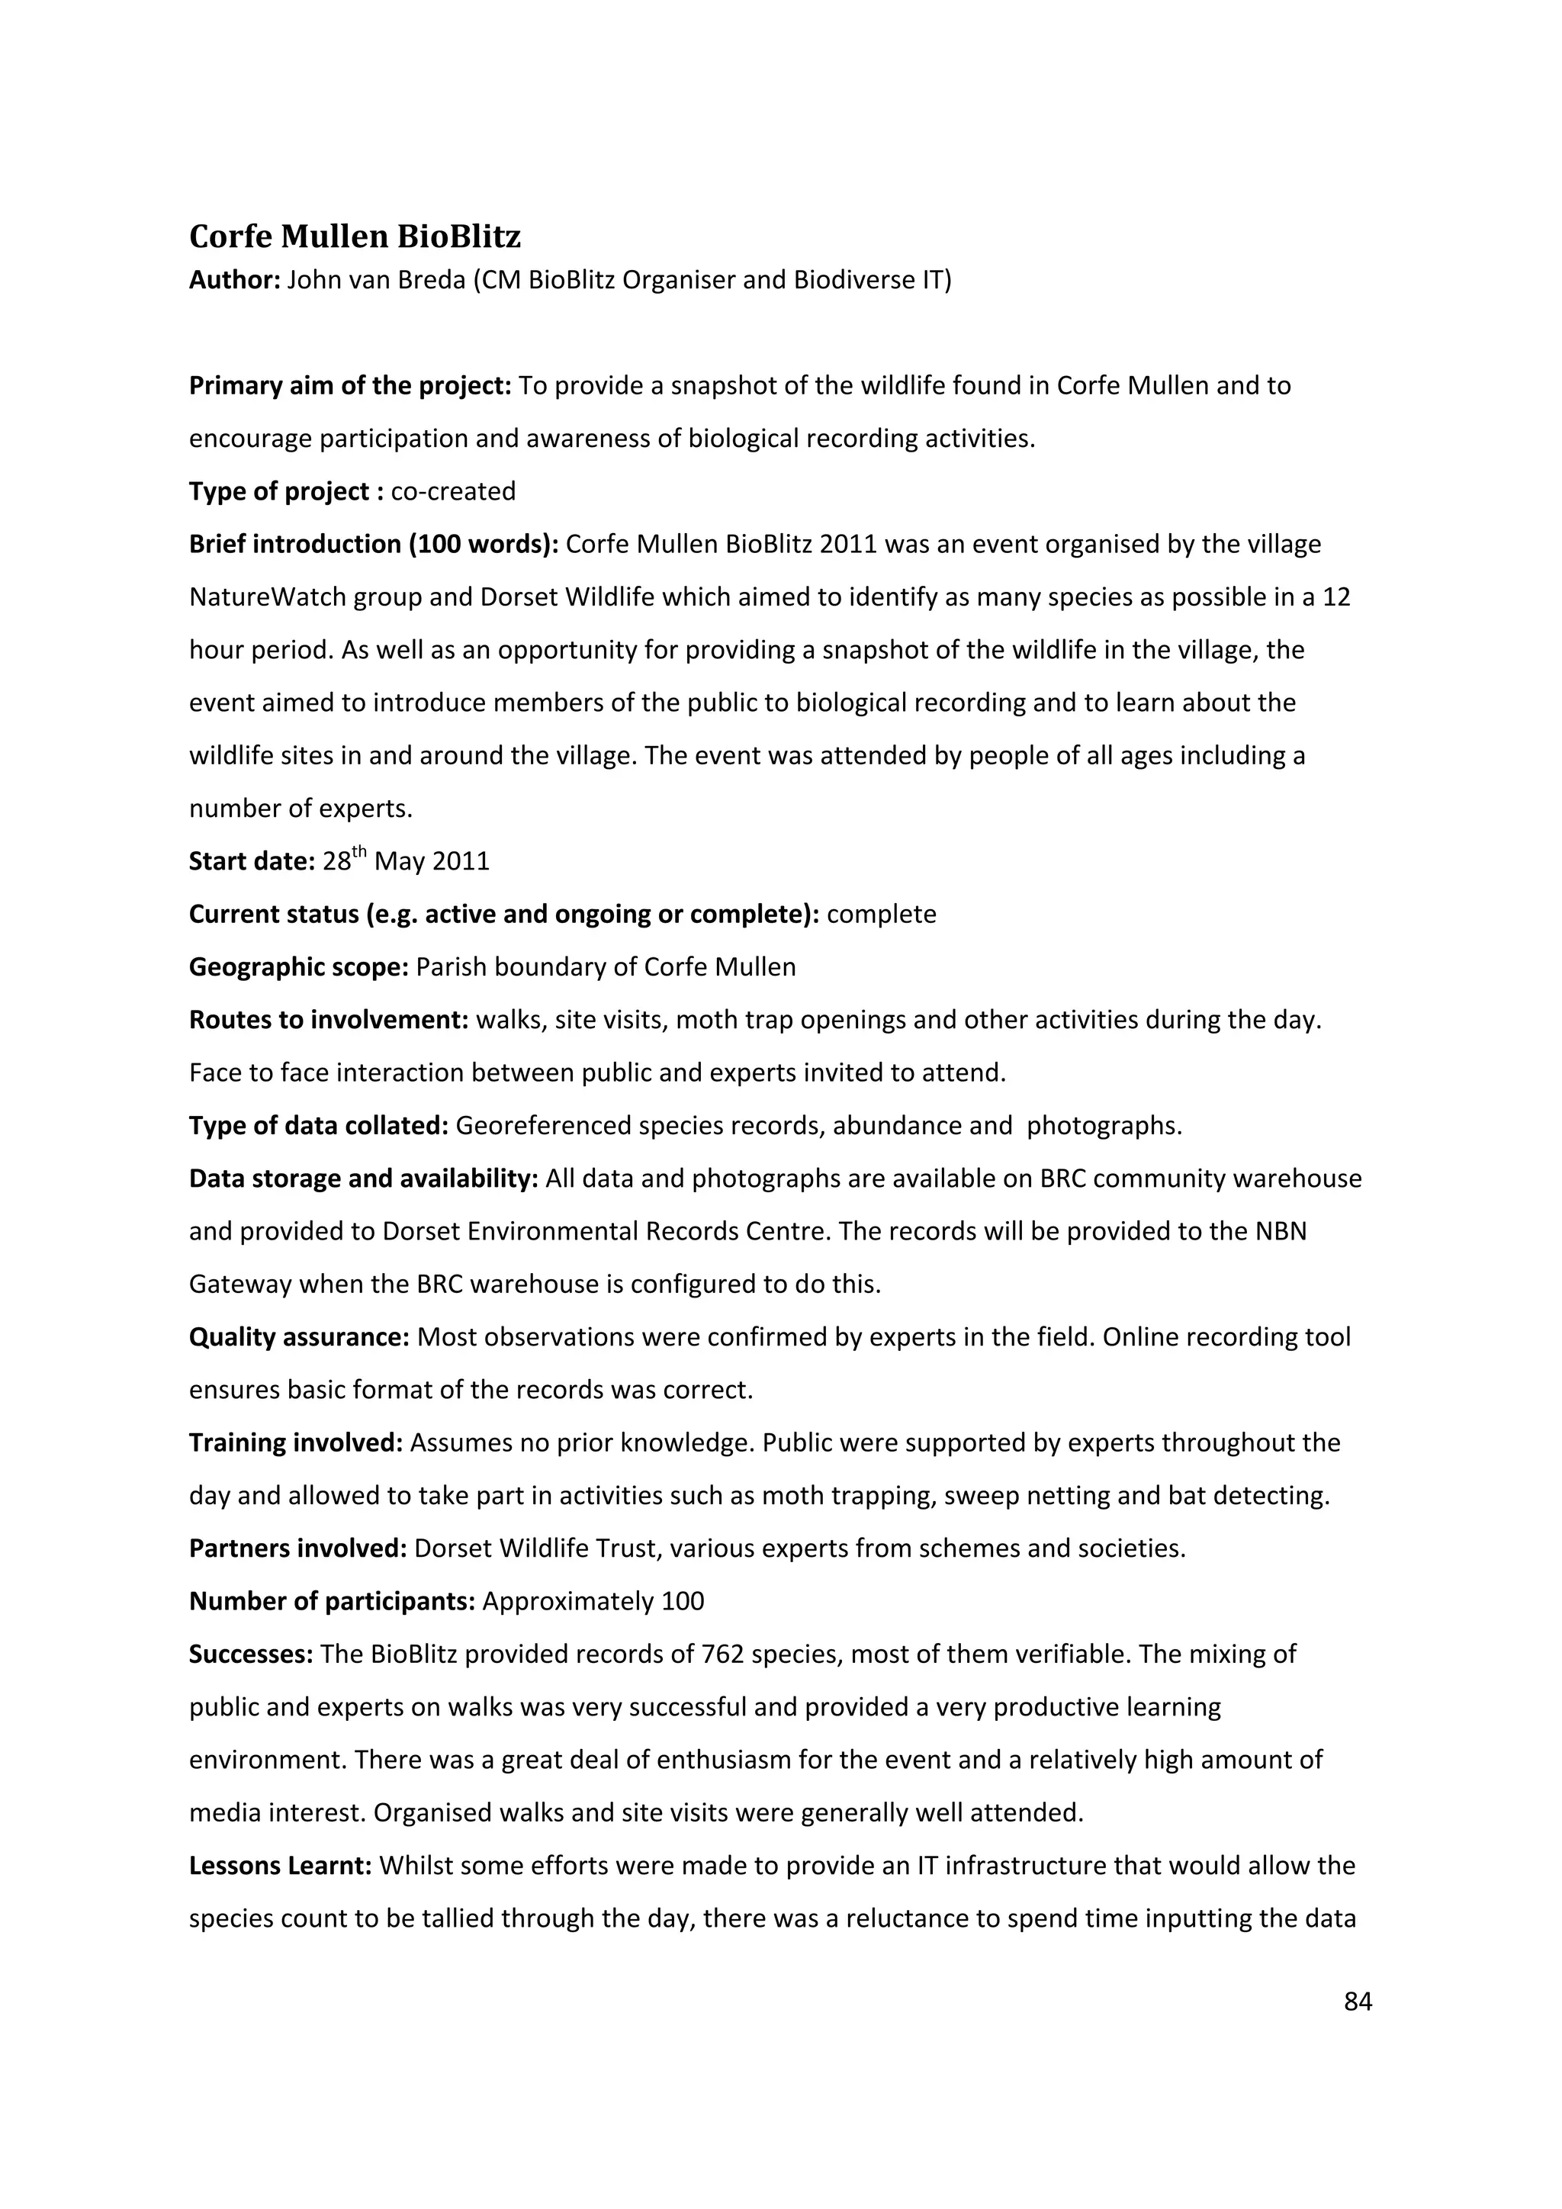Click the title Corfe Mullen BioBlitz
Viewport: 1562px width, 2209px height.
355,236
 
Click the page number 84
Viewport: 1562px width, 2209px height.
1357,2002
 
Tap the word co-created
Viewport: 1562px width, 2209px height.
453,492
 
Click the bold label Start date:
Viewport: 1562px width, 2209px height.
252,861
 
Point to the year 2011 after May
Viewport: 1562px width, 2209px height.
461,861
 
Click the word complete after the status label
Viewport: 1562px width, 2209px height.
881,914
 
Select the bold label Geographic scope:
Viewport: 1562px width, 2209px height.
299,967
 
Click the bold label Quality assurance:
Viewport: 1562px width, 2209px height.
300,1337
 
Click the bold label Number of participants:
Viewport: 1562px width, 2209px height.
333,1602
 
